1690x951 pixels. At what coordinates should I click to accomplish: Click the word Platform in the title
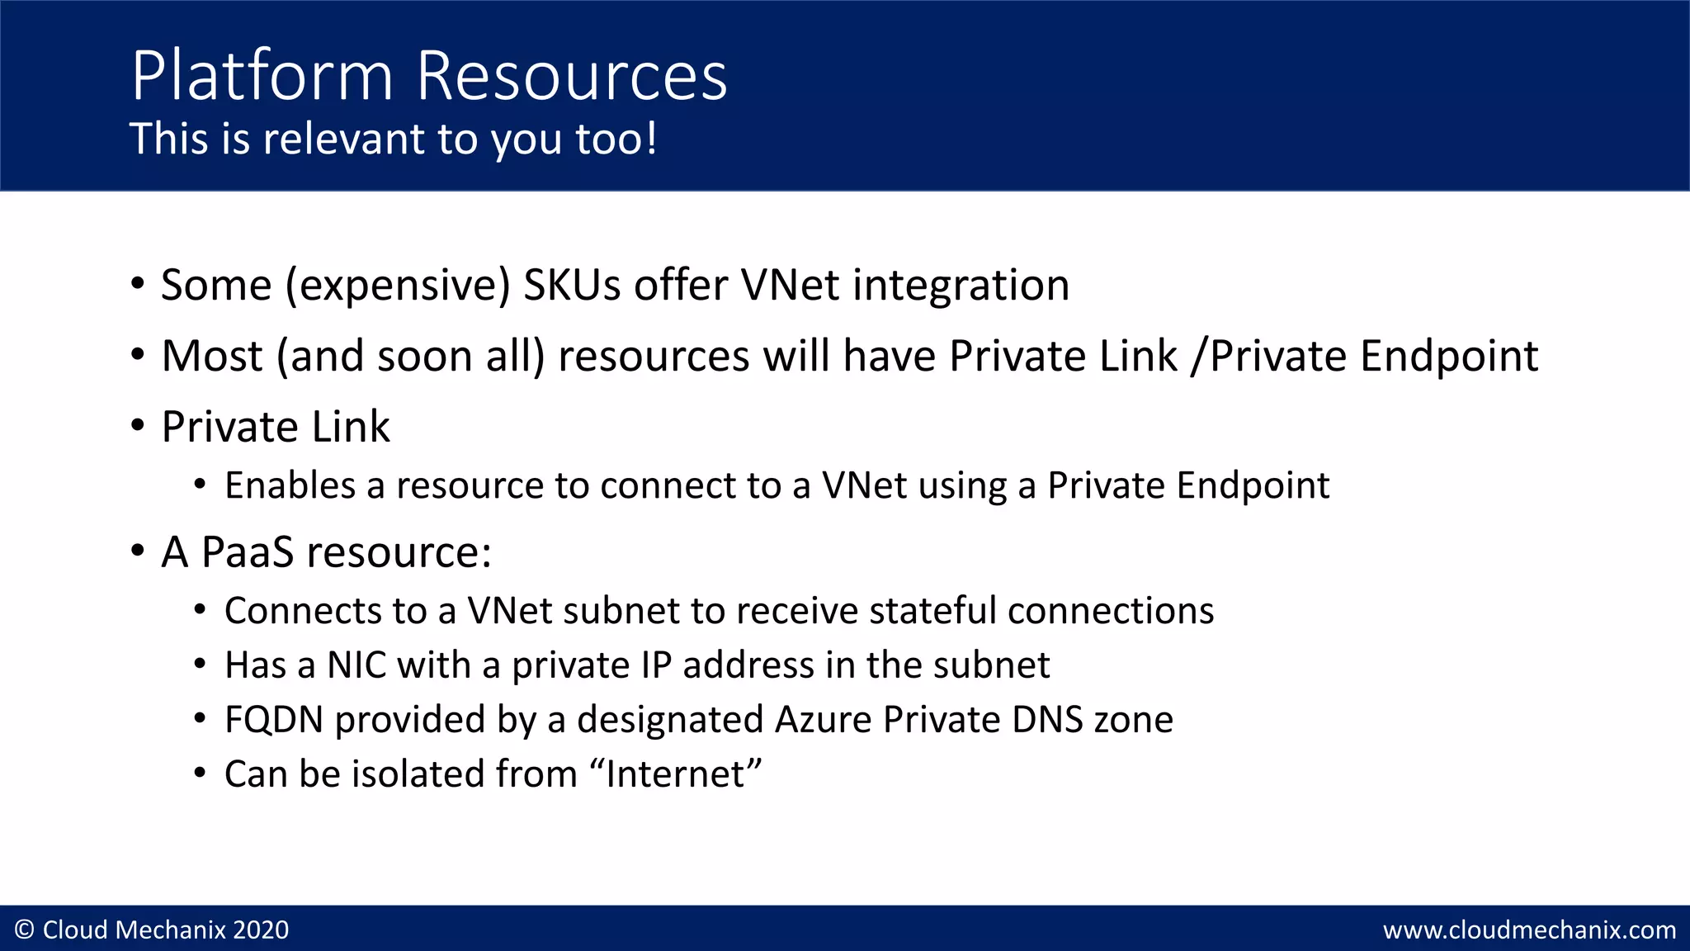coord(262,76)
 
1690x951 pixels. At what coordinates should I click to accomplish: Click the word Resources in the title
coord(571,76)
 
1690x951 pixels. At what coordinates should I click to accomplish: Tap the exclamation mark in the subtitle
coord(652,138)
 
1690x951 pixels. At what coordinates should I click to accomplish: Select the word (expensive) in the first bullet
coord(398,286)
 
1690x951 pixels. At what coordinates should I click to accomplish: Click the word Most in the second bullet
coord(212,356)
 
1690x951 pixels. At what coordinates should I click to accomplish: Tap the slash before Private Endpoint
coord(1198,356)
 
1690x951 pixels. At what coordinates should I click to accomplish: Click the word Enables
coord(290,485)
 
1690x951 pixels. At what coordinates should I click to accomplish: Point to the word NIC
coord(356,665)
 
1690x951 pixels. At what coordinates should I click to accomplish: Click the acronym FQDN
coord(274,720)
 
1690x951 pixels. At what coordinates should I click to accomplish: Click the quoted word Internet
coord(675,774)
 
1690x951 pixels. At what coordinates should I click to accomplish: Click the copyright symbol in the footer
coord(25,930)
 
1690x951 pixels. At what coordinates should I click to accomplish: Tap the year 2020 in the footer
coord(261,930)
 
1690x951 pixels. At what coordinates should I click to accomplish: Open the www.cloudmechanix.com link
coord(1529,930)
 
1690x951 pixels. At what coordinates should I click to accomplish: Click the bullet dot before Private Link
coord(138,426)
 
